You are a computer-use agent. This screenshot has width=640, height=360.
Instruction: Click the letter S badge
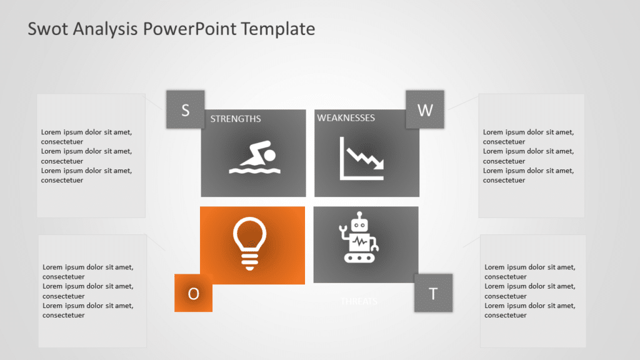(x=185, y=110)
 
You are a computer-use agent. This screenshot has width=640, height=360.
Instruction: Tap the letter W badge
(x=425, y=110)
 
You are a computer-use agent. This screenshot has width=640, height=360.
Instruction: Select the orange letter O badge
(x=193, y=293)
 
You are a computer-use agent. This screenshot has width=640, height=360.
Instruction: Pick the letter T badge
(x=433, y=293)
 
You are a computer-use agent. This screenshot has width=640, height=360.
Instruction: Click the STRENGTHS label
(x=236, y=119)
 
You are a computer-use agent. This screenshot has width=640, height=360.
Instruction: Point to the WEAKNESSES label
(x=346, y=117)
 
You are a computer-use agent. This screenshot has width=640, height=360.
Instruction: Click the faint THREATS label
(x=359, y=301)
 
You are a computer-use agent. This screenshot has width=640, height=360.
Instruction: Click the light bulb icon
(x=249, y=242)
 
